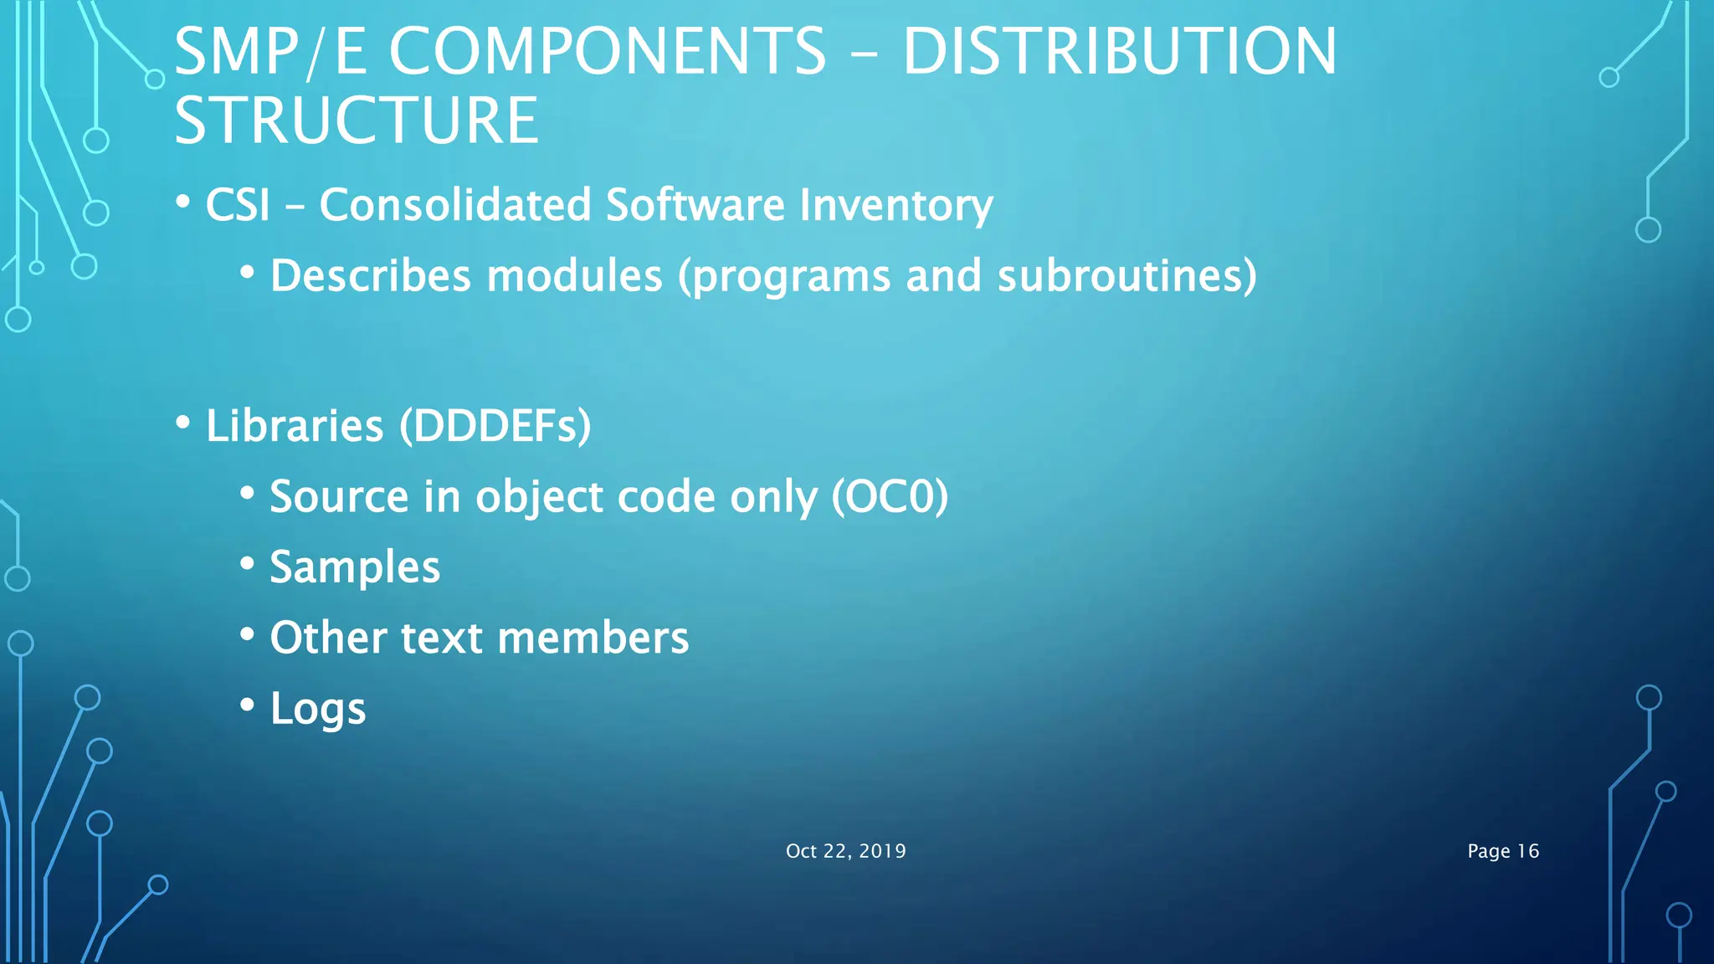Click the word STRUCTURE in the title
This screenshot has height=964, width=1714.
pos(357,120)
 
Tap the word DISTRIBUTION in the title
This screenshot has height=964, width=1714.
pos(1119,52)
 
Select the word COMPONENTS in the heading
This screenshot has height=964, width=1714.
pos(608,52)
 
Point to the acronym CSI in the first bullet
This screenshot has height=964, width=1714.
pos(238,205)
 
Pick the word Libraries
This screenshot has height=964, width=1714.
pos(295,426)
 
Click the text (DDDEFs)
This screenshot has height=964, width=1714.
pos(495,426)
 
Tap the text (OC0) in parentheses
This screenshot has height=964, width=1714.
pos(890,496)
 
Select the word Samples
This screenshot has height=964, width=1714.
pos(355,567)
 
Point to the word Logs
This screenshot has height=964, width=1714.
pos(318,709)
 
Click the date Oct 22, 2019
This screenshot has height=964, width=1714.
pos(845,851)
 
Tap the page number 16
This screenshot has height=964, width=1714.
pos(1527,851)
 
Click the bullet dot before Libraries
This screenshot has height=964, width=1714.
pos(183,423)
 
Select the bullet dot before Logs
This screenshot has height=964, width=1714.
pos(247,705)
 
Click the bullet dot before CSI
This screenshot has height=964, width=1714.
pos(183,202)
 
